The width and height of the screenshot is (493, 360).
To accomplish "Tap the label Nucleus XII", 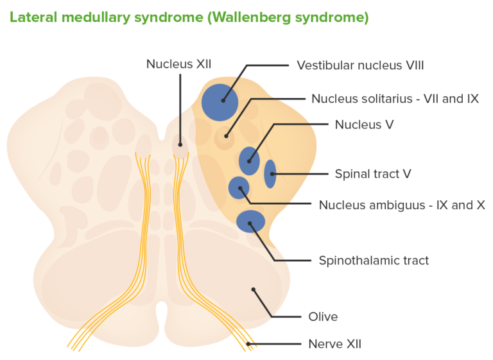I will (x=178, y=64).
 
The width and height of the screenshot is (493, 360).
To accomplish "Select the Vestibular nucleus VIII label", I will (x=360, y=65).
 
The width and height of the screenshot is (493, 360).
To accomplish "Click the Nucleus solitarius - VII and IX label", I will (x=395, y=98).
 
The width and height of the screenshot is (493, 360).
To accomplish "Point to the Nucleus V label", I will (x=364, y=124).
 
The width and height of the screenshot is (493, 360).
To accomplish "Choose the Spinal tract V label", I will (x=372, y=174).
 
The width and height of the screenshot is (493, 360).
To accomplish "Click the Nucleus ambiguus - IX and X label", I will (x=401, y=205).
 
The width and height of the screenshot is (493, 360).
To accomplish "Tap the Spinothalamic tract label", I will (x=374, y=260).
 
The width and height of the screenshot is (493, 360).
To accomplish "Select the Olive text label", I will (x=322, y=316).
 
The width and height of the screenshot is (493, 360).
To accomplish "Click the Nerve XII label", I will (x=335, y=344).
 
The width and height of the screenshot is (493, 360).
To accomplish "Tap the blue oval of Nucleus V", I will (x=249, y=160).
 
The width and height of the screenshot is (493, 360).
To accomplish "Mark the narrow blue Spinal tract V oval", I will (x=270, y=174).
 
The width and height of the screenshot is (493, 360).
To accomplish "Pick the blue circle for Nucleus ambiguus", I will (x=239, y=188).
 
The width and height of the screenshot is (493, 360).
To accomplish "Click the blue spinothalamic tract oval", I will (x=250, y=221).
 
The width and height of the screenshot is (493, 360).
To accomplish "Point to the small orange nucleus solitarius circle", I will (x=224, y=137).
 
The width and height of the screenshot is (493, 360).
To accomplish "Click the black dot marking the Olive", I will (x=254, y=289).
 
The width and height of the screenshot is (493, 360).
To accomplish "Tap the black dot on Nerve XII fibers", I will (x=248, y=343).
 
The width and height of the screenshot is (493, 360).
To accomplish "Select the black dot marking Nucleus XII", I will (x=180, y=146).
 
